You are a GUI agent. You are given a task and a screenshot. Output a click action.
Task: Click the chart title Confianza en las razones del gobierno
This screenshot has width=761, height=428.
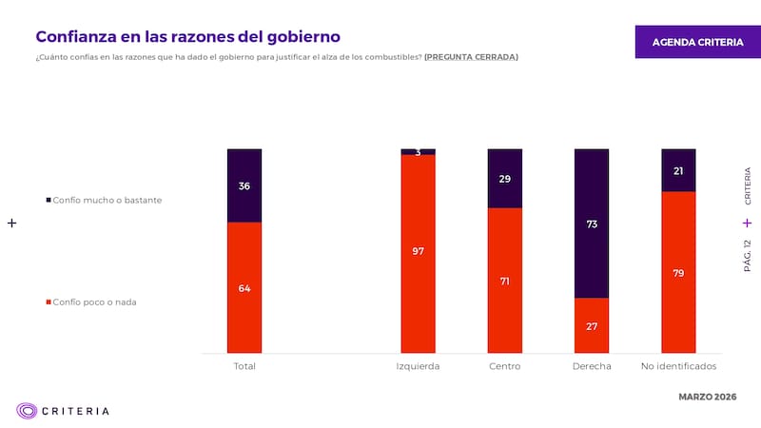[x=187, y=36]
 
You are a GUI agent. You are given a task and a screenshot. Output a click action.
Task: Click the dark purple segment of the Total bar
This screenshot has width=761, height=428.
[x=244, y=185]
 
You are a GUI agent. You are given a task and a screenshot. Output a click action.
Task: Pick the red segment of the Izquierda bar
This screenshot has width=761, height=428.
[x=418, y=252]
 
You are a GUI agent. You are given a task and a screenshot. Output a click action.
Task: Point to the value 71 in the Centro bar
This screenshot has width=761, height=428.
[x=504, y=282]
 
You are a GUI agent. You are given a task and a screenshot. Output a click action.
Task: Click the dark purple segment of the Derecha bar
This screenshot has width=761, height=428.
[x=591, y=224]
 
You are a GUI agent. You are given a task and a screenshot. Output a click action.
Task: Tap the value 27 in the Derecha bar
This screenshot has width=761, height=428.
[x=591, y=326]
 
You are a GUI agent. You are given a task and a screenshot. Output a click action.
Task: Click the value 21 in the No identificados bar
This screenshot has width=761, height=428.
[x=678, y=171]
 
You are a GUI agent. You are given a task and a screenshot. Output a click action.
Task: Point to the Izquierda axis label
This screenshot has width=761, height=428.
[x=418, y=366]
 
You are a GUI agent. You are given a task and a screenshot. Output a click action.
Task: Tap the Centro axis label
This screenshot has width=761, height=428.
[x=504, y=366]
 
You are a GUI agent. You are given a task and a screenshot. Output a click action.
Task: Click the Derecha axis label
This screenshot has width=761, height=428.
[x=592, y=366]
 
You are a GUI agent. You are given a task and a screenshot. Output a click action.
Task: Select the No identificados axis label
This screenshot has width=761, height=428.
[x=678, y=366]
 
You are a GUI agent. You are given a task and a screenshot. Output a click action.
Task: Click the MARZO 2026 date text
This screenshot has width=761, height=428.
[x=706, y=396]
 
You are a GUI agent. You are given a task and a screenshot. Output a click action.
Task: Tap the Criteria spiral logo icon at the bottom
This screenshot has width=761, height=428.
[x=27, y=411]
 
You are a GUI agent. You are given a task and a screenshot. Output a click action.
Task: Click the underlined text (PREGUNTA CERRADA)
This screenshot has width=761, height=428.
[x=471, y=57]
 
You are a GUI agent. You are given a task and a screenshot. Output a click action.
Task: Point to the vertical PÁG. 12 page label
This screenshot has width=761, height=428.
[x=747, y=256]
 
